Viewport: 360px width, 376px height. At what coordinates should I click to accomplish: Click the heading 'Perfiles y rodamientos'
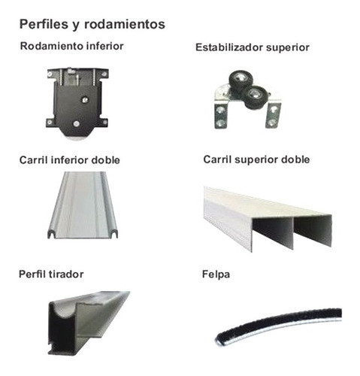[x=92, y=24]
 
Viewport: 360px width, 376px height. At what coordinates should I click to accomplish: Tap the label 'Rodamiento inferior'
[x=72, y=45]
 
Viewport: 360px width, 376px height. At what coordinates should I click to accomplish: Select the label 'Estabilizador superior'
[x=252, y=47]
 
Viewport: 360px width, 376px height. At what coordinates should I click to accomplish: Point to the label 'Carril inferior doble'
[x=71, y=160]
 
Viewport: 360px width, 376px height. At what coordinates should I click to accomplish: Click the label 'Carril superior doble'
[x=256, y=159]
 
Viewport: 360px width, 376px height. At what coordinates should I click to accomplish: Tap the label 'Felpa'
[x=216, y=274]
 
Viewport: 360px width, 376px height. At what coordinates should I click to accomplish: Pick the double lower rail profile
[x=81, y=205]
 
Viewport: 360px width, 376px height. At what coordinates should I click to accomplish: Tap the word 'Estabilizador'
[x=228, y=47]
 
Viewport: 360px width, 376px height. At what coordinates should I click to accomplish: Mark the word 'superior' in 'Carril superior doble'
[x=259, y=159]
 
